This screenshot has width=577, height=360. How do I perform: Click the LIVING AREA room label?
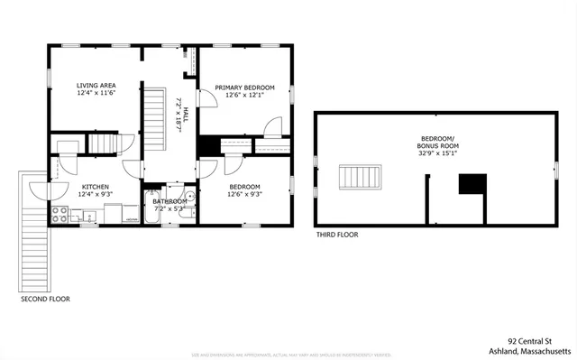point(96,85)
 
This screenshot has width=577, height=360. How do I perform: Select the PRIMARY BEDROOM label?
point(245,88)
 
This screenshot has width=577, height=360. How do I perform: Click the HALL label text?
point(186,116)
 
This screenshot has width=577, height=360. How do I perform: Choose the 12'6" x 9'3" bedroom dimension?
point(245,194)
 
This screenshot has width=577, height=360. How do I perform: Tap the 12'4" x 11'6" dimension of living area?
point(96,93)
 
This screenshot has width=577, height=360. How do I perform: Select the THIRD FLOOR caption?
point(337,235)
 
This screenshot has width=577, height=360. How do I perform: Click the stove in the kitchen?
point(60,215)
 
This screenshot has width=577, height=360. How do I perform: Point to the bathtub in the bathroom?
point(151,208)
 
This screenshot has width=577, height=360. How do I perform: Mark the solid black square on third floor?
point(472,184)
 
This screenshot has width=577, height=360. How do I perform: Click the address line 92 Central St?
point(529,341)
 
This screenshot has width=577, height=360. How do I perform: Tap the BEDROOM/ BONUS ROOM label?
point(437,142)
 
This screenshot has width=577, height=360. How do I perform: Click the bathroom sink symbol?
point(189,198)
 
